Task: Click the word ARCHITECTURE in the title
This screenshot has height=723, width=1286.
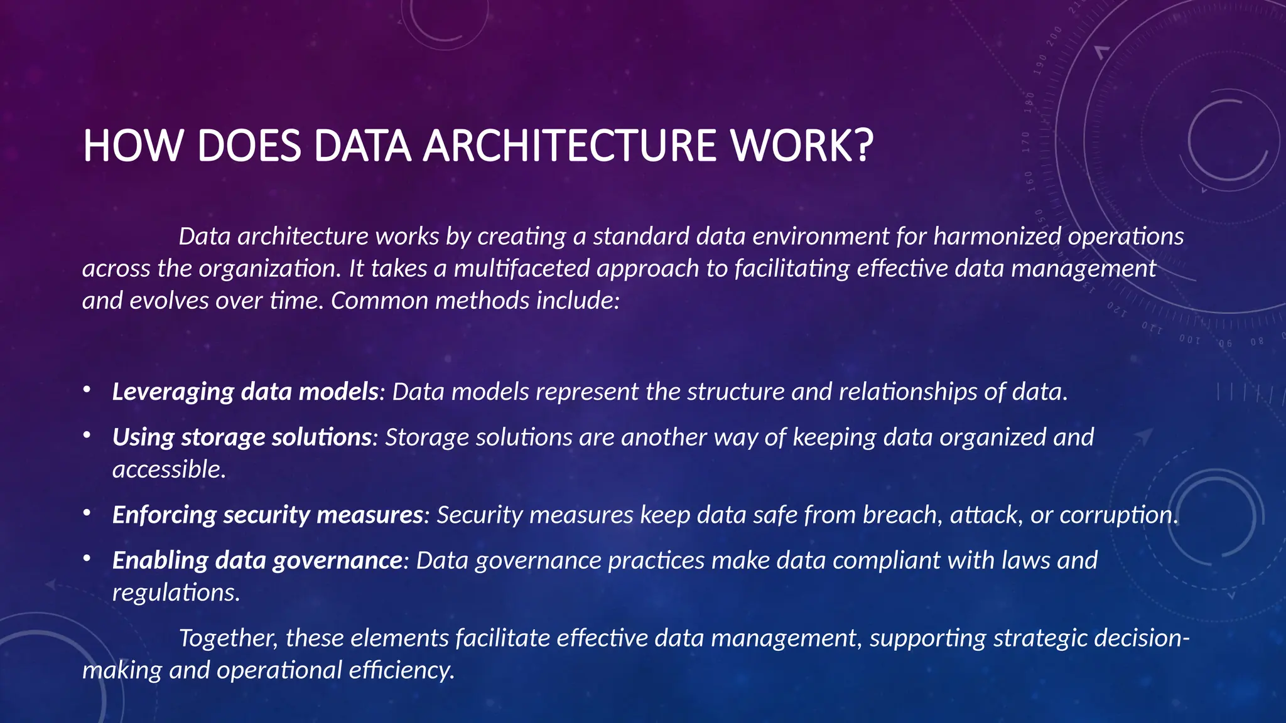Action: coord(570,146)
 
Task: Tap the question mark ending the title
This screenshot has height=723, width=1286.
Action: coord(863,146)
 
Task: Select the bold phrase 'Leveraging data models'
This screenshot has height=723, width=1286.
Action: coord(245,392)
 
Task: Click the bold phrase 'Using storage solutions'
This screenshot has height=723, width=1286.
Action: coord(242,437)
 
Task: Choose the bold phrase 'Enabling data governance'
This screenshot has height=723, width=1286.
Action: coord(257,560)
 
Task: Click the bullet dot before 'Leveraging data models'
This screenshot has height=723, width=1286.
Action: coord(87,390)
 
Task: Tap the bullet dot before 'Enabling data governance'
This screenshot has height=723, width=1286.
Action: coord(87,559)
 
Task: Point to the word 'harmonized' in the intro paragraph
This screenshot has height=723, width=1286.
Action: coord(997,237)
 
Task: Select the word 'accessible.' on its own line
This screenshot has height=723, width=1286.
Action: coord(169,469)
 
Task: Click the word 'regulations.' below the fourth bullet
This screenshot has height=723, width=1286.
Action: coord(176,592)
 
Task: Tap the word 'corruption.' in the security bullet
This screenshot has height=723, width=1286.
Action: coord(1118,515)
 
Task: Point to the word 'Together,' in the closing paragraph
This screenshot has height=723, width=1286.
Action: coord(228,638)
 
